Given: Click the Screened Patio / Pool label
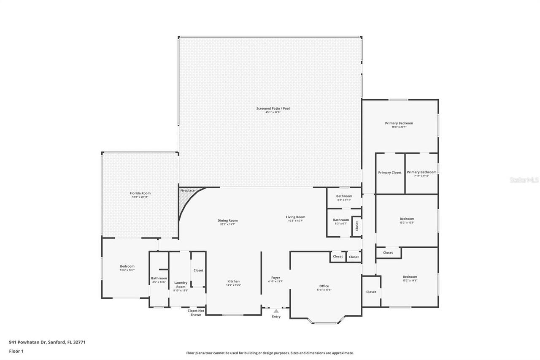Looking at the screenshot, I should click(x=273, y=109).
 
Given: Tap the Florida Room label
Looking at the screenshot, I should click(x=140, y=193).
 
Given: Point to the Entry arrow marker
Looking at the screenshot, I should click(x=276, y=311).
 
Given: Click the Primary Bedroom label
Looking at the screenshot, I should click(x=399, y=123).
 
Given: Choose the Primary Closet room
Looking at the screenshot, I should click(x=390, y=173).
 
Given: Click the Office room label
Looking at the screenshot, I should click(x=324, y=286).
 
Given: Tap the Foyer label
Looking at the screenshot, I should click(x=275, y=278).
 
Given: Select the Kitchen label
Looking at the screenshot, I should click(x=233, y=282).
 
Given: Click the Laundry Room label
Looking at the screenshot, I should click(x=181, y=285).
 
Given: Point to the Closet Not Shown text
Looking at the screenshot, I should click(x=196, y=313).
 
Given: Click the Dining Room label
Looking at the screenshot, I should click(x=227, y=220).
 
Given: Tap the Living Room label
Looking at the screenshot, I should click(x=295, y=217).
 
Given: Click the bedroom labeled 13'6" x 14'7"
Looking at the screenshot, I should click(x=127, y=268).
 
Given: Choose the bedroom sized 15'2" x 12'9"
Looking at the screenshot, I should click(x=407, y=221).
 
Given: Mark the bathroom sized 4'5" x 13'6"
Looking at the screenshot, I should click(x=159, y=280).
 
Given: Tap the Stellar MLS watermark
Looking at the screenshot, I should click(x=524, y=180).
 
